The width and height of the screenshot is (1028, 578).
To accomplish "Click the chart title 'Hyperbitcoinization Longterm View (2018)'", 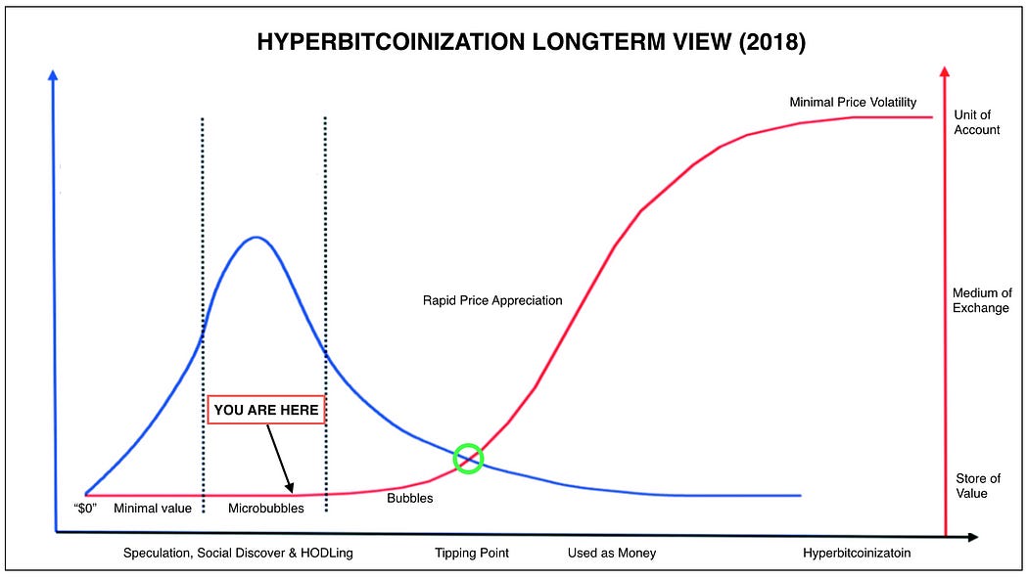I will tap(529, 42).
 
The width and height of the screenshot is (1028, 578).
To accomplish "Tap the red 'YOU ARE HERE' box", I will tap(266, 410).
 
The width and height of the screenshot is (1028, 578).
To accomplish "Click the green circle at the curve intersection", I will tap(469, 458).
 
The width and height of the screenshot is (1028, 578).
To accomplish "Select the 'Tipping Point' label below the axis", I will tap(472, 554).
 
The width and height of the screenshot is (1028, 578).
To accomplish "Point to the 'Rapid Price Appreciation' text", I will tap(486, 300).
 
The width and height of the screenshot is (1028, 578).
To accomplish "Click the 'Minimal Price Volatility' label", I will tap(853, 102).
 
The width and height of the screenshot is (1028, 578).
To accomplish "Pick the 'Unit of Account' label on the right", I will tap(976, 122).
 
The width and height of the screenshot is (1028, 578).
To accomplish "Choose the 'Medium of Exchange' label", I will tap(982, 301).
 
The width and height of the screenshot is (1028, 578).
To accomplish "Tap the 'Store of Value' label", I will tap(978, 486).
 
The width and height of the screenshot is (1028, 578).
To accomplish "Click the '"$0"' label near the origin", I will tap(85, 509).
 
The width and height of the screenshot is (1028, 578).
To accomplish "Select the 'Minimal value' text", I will tap(153, 509).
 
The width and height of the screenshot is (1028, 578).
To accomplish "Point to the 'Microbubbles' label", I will tap(266, 509).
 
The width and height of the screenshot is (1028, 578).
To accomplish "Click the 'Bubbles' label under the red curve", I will tap(409, 499).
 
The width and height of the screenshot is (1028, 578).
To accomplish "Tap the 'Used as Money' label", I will tap(612, 554).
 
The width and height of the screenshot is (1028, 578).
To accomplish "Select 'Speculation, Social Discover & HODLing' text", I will tap(238, 554).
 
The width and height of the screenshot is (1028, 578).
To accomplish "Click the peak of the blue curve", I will tap(256, 237).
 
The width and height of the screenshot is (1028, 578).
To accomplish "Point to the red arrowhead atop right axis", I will tap(944, 70).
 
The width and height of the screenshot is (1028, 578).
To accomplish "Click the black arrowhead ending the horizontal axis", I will tap(972, 537).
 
